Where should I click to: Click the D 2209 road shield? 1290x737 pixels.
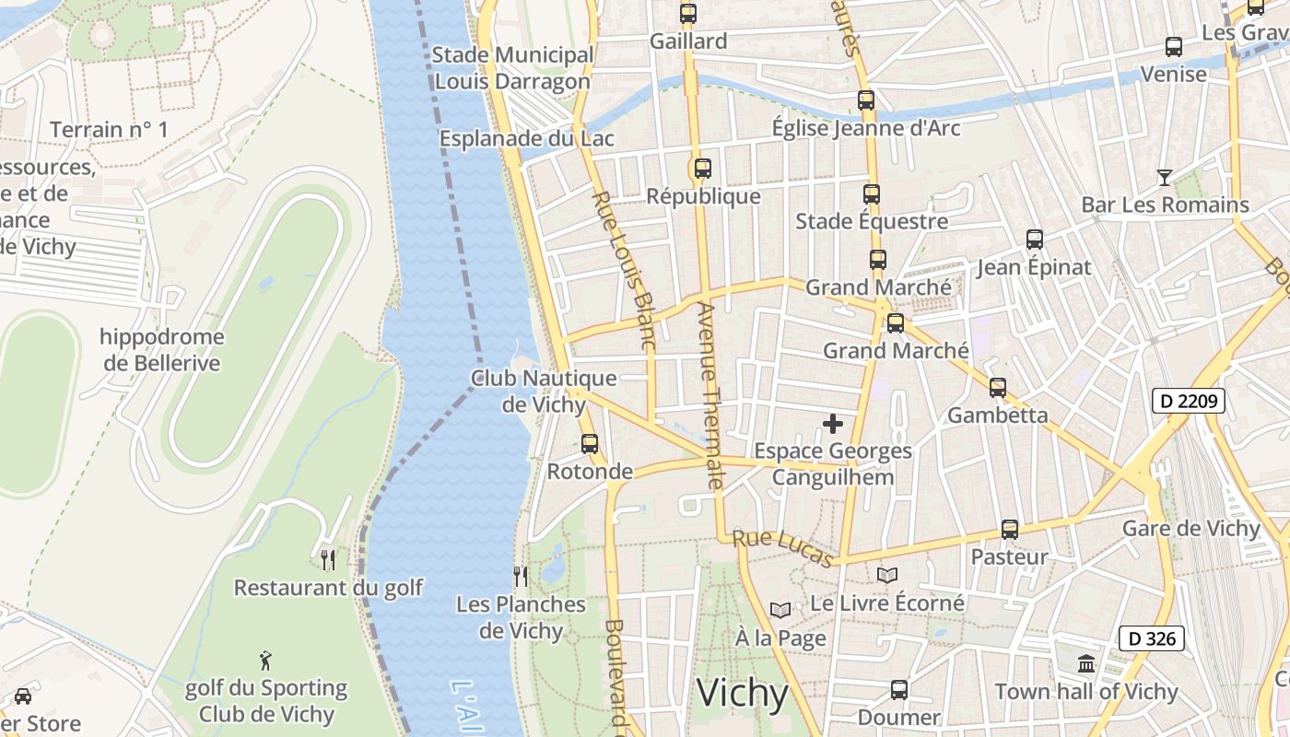point(1188,401)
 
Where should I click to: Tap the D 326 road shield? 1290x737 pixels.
point(1151,638)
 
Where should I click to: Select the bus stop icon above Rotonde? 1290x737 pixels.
point(590,443)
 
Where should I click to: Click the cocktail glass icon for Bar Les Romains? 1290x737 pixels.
point(1165,177)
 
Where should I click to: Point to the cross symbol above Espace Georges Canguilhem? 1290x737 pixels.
point(833,424)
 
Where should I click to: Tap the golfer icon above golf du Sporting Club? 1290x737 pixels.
point(266,660)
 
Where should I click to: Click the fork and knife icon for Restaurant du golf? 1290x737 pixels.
point(327,559)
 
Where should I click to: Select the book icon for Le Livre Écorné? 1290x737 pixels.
point(886,575)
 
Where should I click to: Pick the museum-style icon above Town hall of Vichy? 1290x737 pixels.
point(1086,663)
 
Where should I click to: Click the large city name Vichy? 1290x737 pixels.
point(743,693)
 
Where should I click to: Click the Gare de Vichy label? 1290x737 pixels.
point(1190,529)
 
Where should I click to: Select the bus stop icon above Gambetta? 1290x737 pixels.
point(998,387)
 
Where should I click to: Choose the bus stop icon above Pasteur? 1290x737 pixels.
point(1010,530)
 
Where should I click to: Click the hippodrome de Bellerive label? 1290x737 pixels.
point(162,350)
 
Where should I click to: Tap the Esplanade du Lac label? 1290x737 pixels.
point(526,139)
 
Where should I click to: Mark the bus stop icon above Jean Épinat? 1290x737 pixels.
point(1034,240)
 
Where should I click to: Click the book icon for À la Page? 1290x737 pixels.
point(780,610)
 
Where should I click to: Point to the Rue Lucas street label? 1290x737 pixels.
point(783,548)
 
